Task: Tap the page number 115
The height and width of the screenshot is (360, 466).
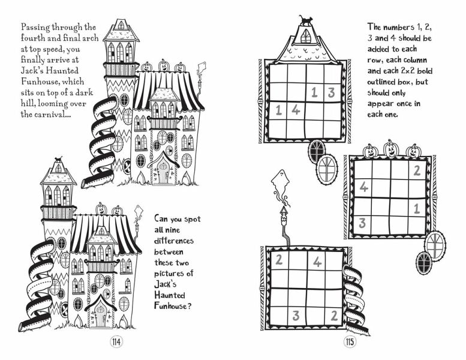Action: [x=350, y=342]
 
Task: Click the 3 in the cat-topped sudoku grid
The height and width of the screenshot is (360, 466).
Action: [x=331, y=92]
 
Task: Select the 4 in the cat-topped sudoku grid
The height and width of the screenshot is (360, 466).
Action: [x=296, y=110]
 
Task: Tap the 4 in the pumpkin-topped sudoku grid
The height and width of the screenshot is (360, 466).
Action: [x=363, y=187]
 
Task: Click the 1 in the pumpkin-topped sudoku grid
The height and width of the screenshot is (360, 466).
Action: [x=416, y=209]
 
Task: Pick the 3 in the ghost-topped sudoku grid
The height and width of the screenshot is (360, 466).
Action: [x=296, y=315]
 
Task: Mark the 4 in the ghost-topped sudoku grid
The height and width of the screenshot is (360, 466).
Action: [x=317, y=262]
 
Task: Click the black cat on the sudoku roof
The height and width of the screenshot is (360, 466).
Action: [x=306, y=20]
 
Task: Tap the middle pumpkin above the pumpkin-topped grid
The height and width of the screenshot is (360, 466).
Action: [x=391, y=148]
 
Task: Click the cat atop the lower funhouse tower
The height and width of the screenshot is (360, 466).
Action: [x=58, y=161]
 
